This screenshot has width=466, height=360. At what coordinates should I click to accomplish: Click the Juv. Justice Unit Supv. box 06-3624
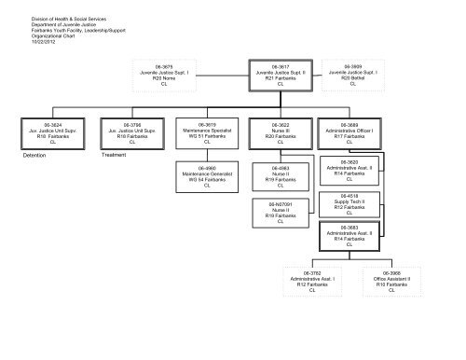[x=40, y=132]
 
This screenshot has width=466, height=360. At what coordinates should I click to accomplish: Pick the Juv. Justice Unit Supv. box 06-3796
[x=130, y=132]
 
